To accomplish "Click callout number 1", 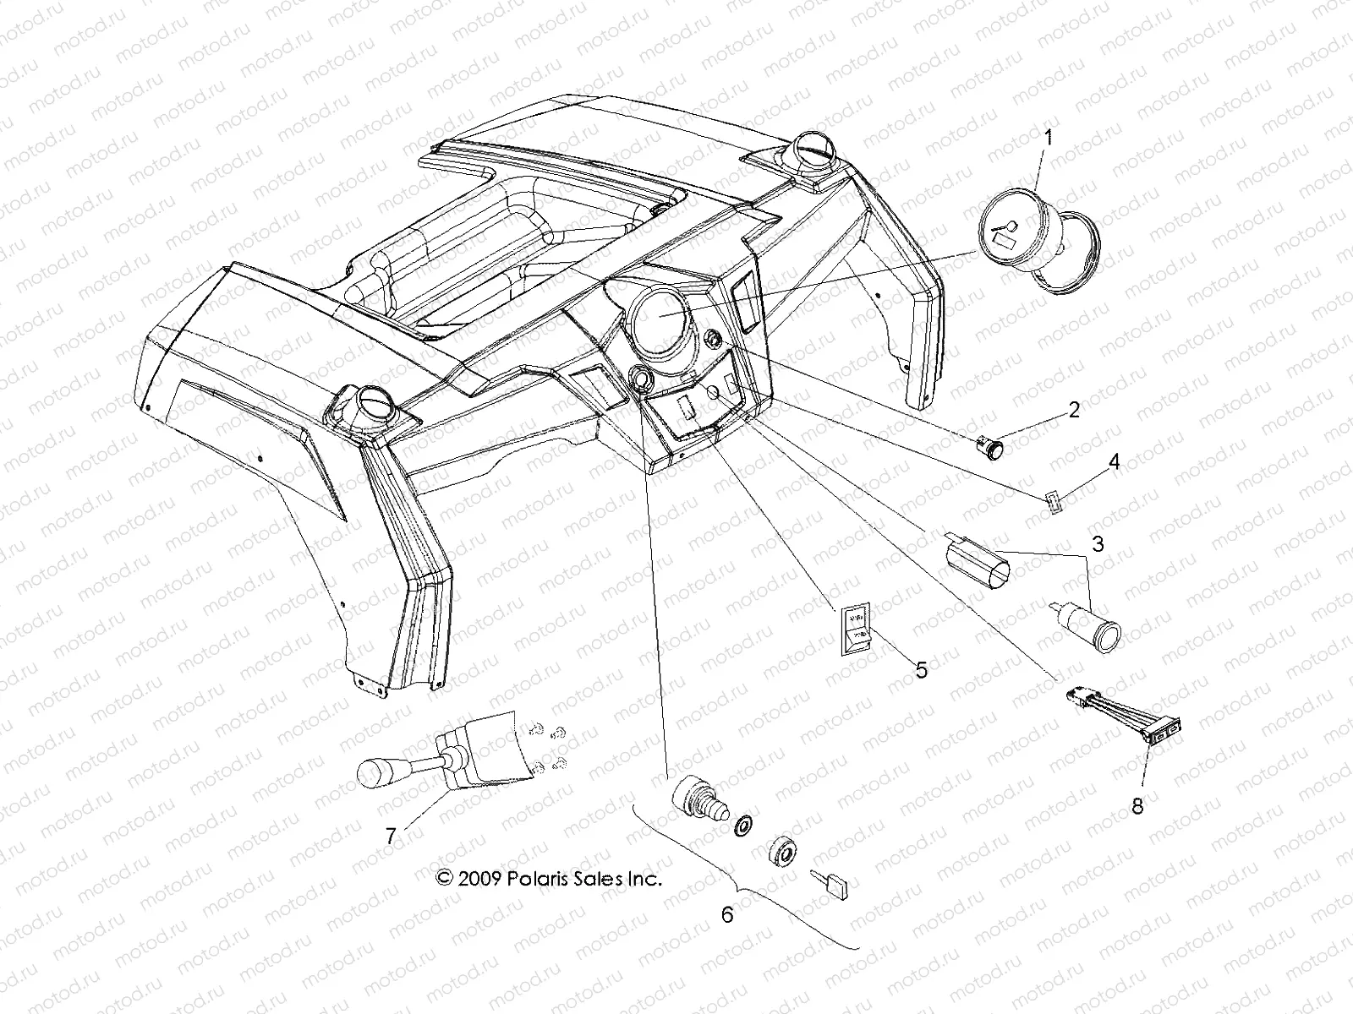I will pyautogui.click(x=1048, y=138).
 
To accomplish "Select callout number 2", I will pyautogui.click(x=1074, y=411).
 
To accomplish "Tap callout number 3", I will pyautogui.click(x=1098, y=544).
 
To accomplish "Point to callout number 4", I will pyautogui.click(x=1114, y=462).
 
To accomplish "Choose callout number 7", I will pyautogui.click(x=391, y=837).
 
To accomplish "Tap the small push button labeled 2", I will pyautogui.click(x=990, y=445).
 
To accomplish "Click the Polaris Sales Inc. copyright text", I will pyautogui.click(x=549, y=879).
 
